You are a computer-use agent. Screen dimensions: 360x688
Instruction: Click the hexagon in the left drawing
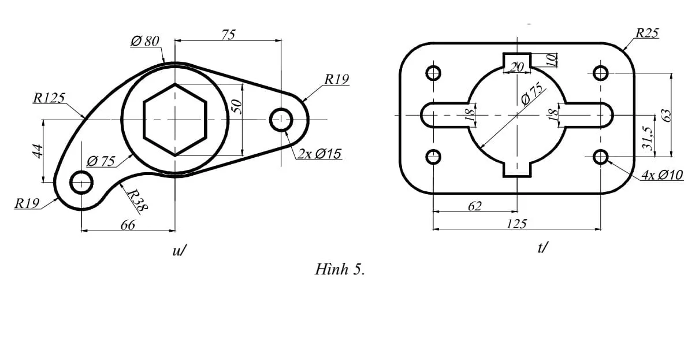click(x=174, y=120)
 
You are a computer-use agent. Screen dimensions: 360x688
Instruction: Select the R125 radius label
click(x=49, y=98)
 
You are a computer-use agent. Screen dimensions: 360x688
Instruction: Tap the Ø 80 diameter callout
click(x=144, y=41)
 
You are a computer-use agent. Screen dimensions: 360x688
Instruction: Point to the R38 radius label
click(x=136, y=201)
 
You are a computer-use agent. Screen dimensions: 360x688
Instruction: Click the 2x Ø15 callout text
click(x=319, y=154)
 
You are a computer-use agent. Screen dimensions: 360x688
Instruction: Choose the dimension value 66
click(x=127, y=225)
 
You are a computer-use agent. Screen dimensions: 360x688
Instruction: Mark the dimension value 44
click(x=38, y=151)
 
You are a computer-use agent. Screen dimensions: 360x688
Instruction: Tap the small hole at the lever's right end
click(x=281, y=120)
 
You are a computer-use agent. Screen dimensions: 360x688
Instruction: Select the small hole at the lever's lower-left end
click(x=81, y=182)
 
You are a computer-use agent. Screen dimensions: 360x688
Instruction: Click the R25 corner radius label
click(x=647, y=34)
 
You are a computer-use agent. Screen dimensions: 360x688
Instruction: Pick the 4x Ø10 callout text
click(x=661, y=175)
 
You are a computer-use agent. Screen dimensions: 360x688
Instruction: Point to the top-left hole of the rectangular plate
click(x=433, y=73)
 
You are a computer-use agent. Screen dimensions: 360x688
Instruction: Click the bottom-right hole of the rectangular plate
click(x=601, y=157)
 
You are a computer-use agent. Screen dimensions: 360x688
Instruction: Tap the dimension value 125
click(x=516, y=224)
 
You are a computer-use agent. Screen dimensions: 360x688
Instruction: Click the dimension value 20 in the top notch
click(x=517, y=67)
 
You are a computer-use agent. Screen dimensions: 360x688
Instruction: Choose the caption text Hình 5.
click(x=340, y=270)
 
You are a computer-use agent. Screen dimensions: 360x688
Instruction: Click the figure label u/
click(x=179, y=250)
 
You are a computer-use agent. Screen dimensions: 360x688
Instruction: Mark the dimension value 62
click(x=474, y=206)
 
